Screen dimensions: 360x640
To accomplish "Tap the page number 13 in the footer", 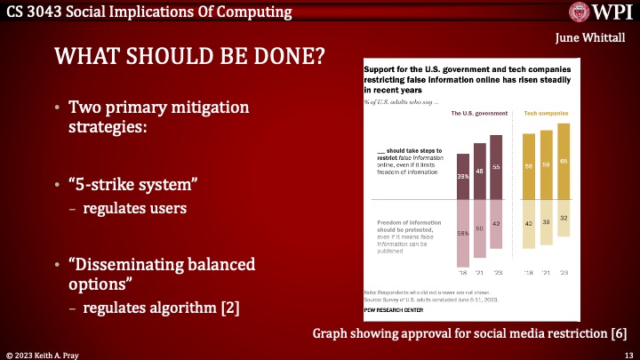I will point(628,353).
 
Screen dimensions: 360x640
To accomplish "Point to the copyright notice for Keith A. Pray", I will point(49,353).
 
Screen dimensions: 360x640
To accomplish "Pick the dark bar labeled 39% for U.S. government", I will point(463,176).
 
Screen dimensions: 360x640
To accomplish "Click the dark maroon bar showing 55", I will point(496,166).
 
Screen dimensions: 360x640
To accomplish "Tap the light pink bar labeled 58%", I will point(463,233).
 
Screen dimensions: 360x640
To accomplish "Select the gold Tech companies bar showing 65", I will point(563,161).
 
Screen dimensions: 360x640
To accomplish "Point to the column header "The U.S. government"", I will point(479,114).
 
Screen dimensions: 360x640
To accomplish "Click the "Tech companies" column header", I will point(546,114).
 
